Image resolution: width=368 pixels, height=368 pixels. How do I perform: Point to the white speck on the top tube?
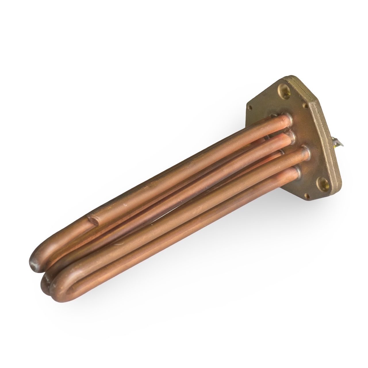coord(124,205)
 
